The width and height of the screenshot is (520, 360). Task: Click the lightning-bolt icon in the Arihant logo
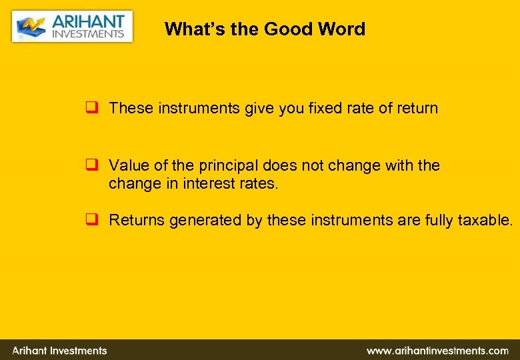click(31, 27)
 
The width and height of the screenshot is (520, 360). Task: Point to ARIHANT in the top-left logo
click(88, 21)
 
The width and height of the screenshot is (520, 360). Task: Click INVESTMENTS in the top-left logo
click(88, 34)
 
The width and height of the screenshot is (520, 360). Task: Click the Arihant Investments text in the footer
click(59, 351)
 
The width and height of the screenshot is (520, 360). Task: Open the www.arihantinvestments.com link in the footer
click(437, 351)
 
